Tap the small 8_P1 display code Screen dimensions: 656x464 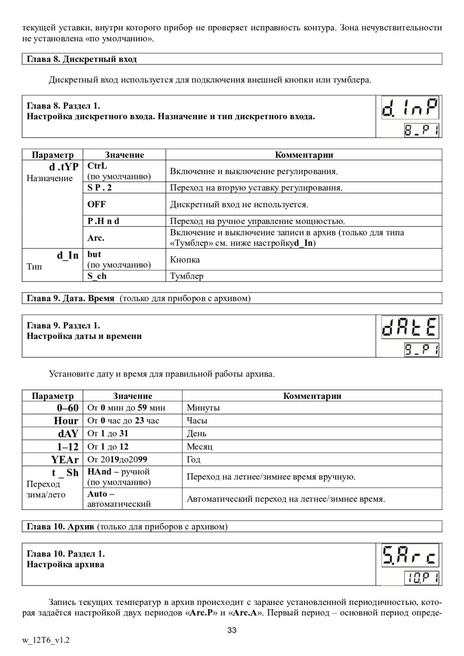coord(421,130)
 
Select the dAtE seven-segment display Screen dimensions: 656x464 coord(410,328)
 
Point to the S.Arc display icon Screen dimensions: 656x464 coord(410,556)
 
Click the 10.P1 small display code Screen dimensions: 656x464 coord(421,578)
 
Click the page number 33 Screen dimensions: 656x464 coord(232,630)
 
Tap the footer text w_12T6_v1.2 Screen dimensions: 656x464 coord(46,640)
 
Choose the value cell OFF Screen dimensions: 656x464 coord(96,204)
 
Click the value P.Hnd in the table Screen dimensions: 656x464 coord(107,221)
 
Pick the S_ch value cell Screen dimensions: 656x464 coord(97,276)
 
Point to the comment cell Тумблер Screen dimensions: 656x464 coord(187,276)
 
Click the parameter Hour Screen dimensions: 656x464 coord(66,421)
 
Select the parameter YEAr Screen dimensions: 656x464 coord(64,459)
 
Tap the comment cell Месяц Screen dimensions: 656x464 coord(200,446)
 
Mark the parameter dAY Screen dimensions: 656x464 coord(68,434)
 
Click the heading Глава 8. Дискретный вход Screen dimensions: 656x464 coord(82,59)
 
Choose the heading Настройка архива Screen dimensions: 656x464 coord(65,564)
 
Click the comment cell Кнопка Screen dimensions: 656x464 coord(185,260)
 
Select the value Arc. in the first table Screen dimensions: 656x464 coord(96,238)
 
